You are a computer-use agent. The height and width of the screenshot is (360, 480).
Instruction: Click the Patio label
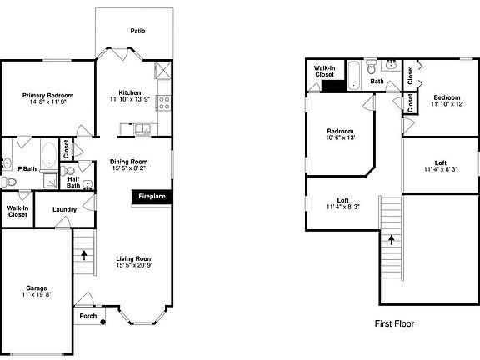[137, 31]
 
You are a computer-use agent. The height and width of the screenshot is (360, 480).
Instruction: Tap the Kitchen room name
[129, 92]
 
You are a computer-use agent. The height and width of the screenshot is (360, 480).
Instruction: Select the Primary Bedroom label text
[47, 96]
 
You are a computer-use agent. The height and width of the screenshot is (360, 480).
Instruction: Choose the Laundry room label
[65, 210]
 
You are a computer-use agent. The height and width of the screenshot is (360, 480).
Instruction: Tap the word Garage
[36, 287]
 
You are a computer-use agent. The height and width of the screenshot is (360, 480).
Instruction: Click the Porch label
[87, 316]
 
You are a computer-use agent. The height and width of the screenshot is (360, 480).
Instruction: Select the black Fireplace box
[152, 197]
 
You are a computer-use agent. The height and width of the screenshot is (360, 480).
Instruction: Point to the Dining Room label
[129, 162]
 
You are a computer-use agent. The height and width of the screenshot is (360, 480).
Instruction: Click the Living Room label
[134, 258]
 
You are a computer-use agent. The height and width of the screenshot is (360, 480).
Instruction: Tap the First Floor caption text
[394, 323]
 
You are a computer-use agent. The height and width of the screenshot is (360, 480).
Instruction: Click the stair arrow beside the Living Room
[83, 254]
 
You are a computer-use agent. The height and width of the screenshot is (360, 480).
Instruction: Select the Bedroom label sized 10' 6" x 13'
[340, 132]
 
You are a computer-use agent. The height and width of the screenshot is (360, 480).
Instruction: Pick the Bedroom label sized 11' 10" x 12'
[447, 98]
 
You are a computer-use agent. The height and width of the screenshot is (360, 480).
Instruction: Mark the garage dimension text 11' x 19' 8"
[36, 295]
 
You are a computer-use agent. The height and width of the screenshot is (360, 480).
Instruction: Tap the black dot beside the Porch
[103, 322]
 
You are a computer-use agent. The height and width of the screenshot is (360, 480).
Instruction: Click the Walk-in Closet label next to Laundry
[17, 211]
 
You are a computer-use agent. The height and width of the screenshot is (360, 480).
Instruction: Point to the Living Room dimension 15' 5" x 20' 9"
[134, 266]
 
